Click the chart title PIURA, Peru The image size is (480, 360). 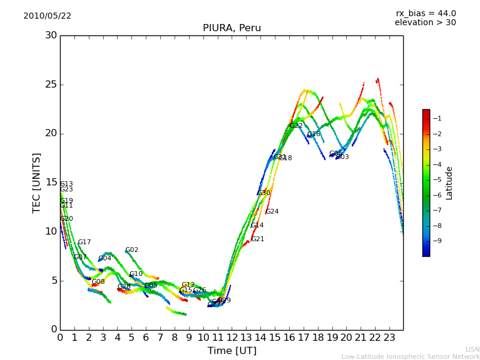click(x=232, y=28)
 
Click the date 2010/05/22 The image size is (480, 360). click(x=47, y=16)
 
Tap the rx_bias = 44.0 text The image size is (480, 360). click(x=425, y=14)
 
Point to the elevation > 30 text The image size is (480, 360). click(x=425, y=23)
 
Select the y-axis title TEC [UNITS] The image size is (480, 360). click(x=37, y=182)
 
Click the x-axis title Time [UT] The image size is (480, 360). click(x=232, y=351)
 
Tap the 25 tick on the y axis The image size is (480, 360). click(x=52, y=85)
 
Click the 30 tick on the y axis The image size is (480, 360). click(x=52, y=35)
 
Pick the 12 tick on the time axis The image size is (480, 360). click(x=232, y=337)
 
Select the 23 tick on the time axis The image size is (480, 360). click(x=389, y=337)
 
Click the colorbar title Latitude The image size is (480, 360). click(x=449, y=183)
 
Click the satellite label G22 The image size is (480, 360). click(x=296, y=126)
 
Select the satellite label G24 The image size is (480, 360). click(x=272, y=212)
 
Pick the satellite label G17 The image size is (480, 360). click(x=85, y=242)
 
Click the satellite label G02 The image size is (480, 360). click(x=132, y=250)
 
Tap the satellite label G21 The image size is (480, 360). click(x=258, y=239)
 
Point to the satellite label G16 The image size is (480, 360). click(x=314, y=134)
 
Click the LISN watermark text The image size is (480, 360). click(x=472, y=349)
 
